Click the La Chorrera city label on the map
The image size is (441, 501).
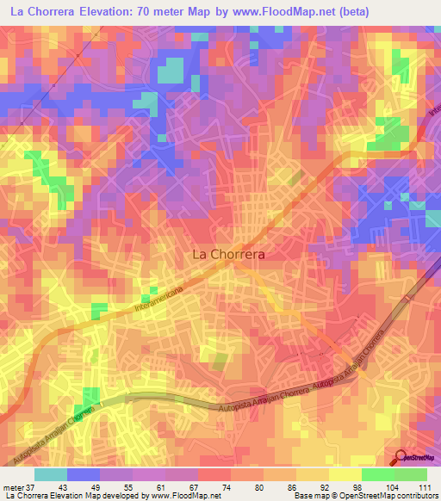click(x=227, y=255)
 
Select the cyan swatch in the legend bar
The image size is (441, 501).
click(x=50, y=474)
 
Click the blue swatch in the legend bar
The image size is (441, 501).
click(x=83, y=474)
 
